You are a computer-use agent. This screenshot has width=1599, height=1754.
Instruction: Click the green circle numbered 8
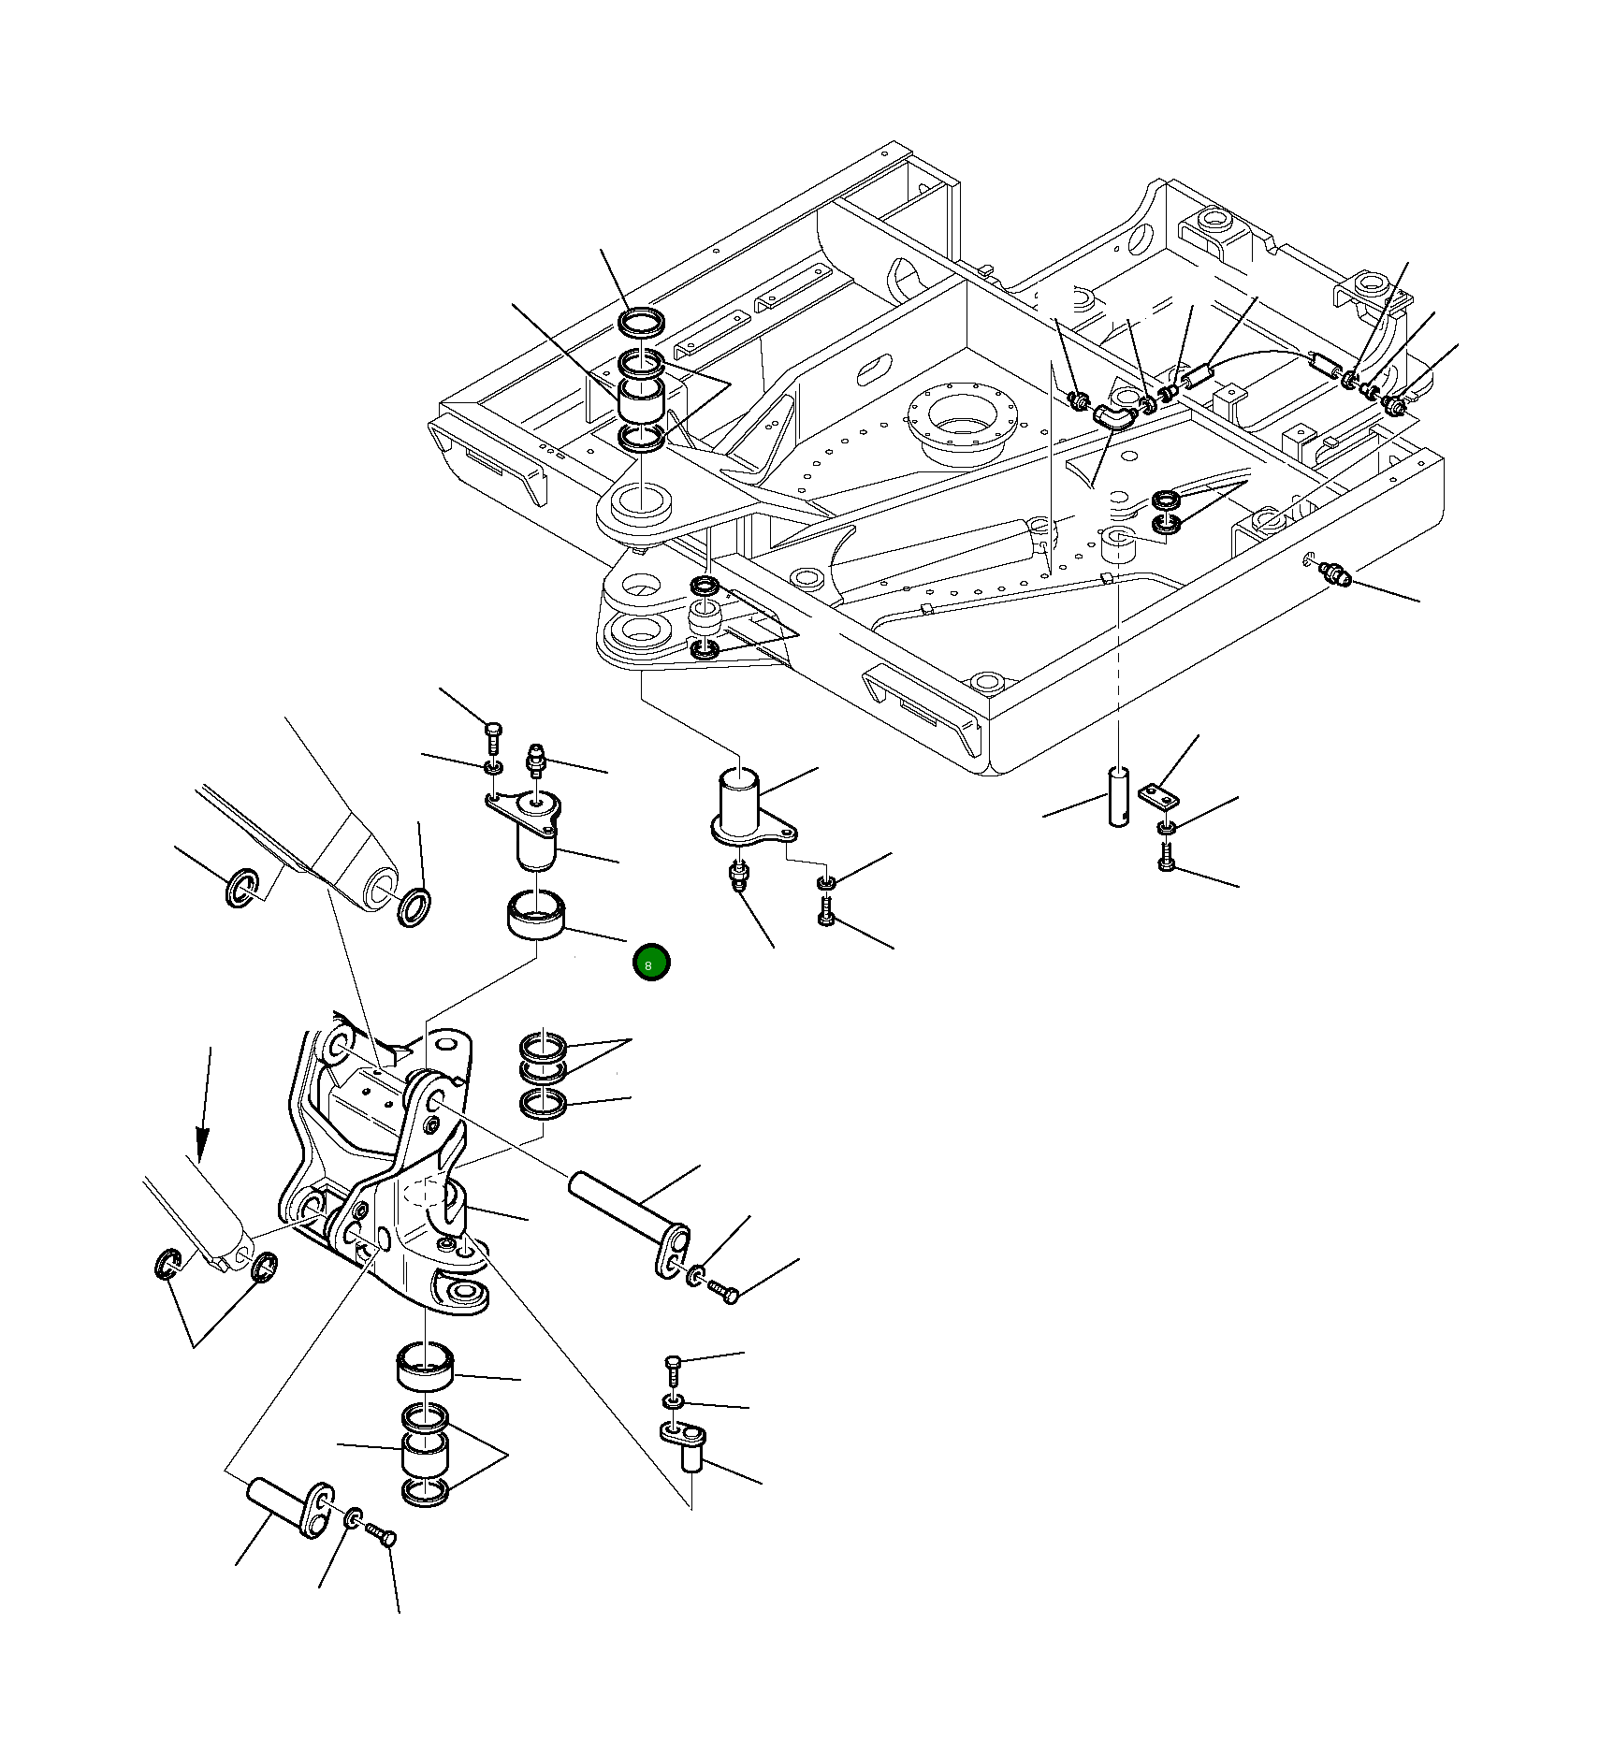pos(650,963)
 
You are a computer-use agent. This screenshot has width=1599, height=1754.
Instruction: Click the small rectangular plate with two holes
pos(1159,796)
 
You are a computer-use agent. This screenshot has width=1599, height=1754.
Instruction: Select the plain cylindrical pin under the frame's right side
pos(1119,796)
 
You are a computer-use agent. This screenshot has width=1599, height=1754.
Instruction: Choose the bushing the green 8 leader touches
pos(536,914)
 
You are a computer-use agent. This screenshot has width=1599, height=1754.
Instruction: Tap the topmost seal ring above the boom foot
pos(642,323)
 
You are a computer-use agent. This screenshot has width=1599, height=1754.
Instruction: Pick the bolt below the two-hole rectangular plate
pos(1165,856)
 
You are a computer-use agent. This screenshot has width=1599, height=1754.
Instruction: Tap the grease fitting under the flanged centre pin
pos(739,877)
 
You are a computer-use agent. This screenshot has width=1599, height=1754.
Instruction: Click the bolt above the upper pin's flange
pos(493,737)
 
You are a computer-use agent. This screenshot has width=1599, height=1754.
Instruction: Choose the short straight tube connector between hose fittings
pos(1199,377)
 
